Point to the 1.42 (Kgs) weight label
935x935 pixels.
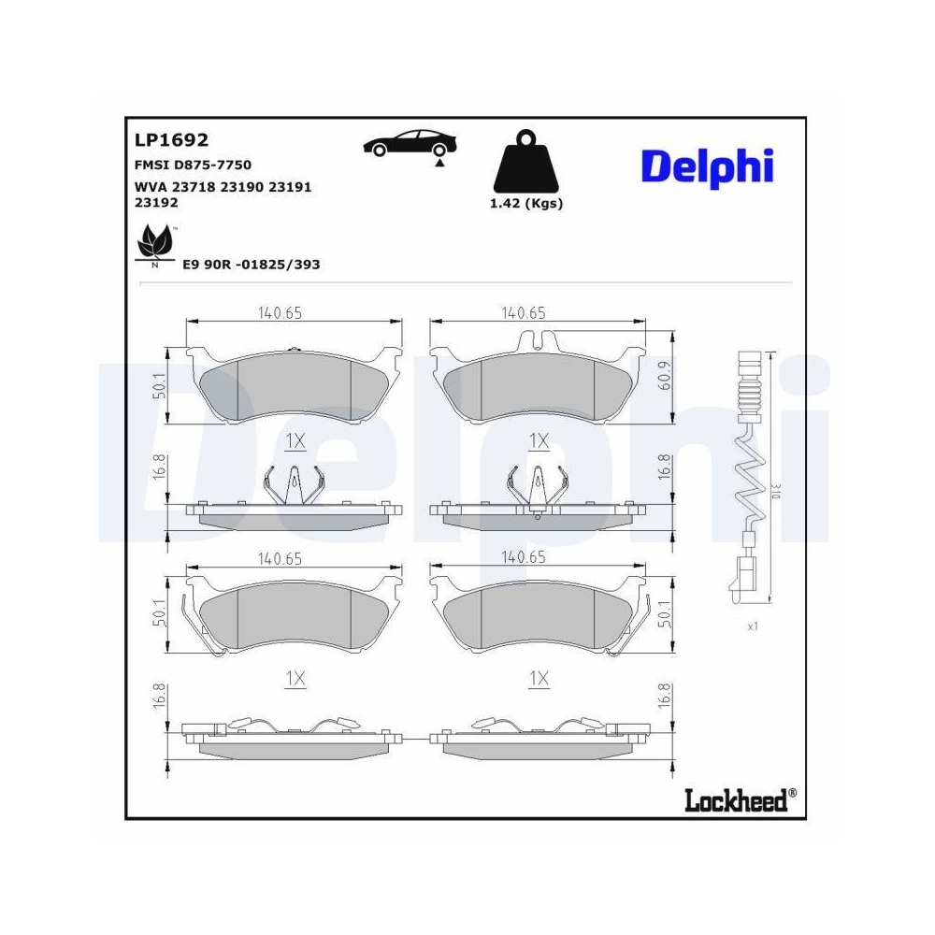[x=527, y=203]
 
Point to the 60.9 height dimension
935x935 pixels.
[x=663, y=375]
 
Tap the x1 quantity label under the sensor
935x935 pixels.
[x=752, y=626]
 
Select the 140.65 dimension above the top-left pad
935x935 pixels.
[x=280, y=313]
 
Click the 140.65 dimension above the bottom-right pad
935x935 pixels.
[x=523, y=557]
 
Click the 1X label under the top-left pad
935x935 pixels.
[x=295, y=439]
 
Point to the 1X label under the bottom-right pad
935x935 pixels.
[x=539, y=681]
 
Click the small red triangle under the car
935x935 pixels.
[x=437, y=163]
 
